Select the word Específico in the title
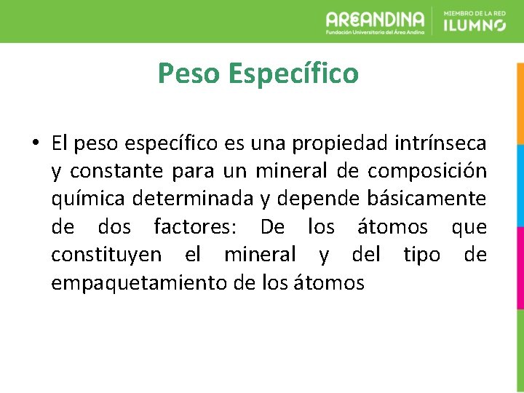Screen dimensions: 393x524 (x=293, y=74)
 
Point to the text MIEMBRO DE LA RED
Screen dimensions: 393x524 (x=474, y=12)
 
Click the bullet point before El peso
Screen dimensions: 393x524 (x=35, y=142)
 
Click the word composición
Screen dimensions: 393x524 (x=427, y=171)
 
